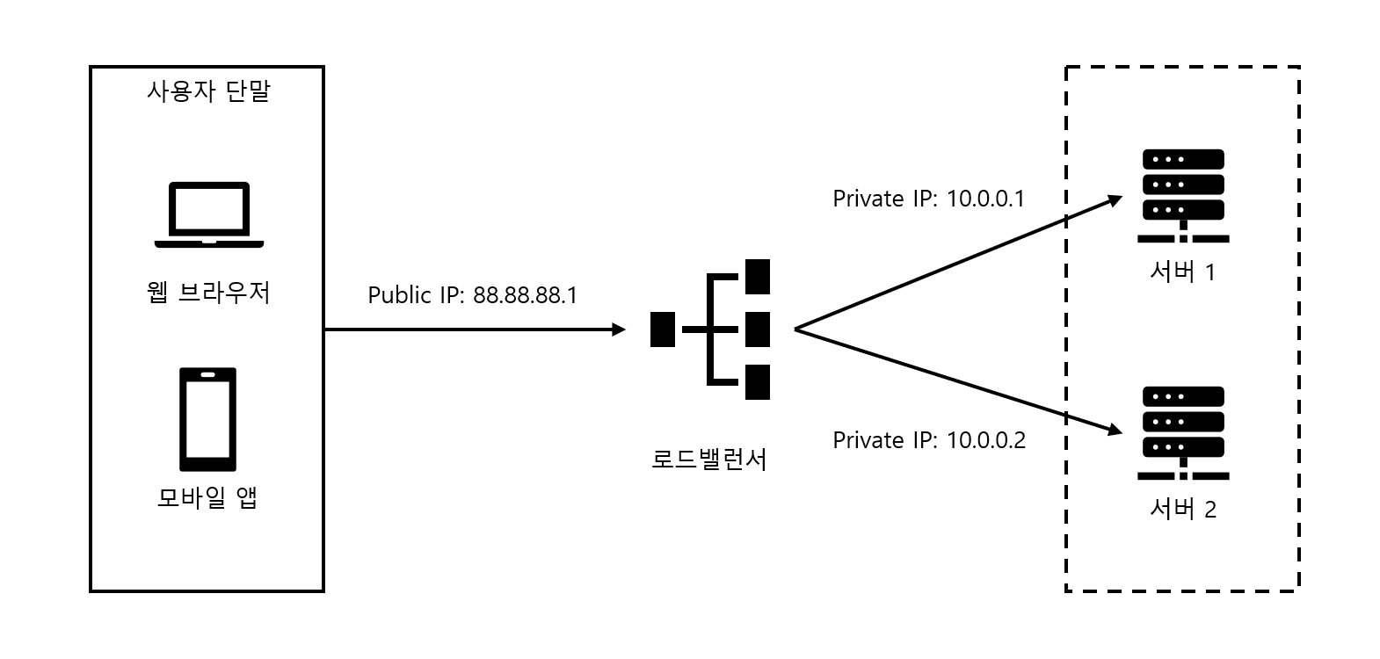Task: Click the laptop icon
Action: click(x=208, y=214)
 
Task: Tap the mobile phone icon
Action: click(x=207, y=419)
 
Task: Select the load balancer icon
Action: click(x=711, y=329)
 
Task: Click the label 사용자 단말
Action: click(x=207, y=91)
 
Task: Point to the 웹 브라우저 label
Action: click(x=208, y=293)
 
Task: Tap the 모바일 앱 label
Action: click(x=207, y=497)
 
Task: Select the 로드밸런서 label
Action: click(x=709, y=459)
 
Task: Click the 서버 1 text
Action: click(x=1182, y=272)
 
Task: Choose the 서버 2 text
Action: click(x=1182, y=509)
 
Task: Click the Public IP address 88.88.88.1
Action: click(x=525, y=295)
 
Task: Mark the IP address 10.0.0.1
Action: click(x=985, y=199)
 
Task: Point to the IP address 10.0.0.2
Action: click(x=985, y=440)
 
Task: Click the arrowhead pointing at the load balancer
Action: click(x=619, y=329)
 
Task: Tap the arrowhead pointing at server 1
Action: click(x=1115, y=200)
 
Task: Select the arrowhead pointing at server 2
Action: click(x=1115, y=430)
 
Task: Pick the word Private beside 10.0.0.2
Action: click(x=868, y=440)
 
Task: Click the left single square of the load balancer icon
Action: click(x=662, y=329)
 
